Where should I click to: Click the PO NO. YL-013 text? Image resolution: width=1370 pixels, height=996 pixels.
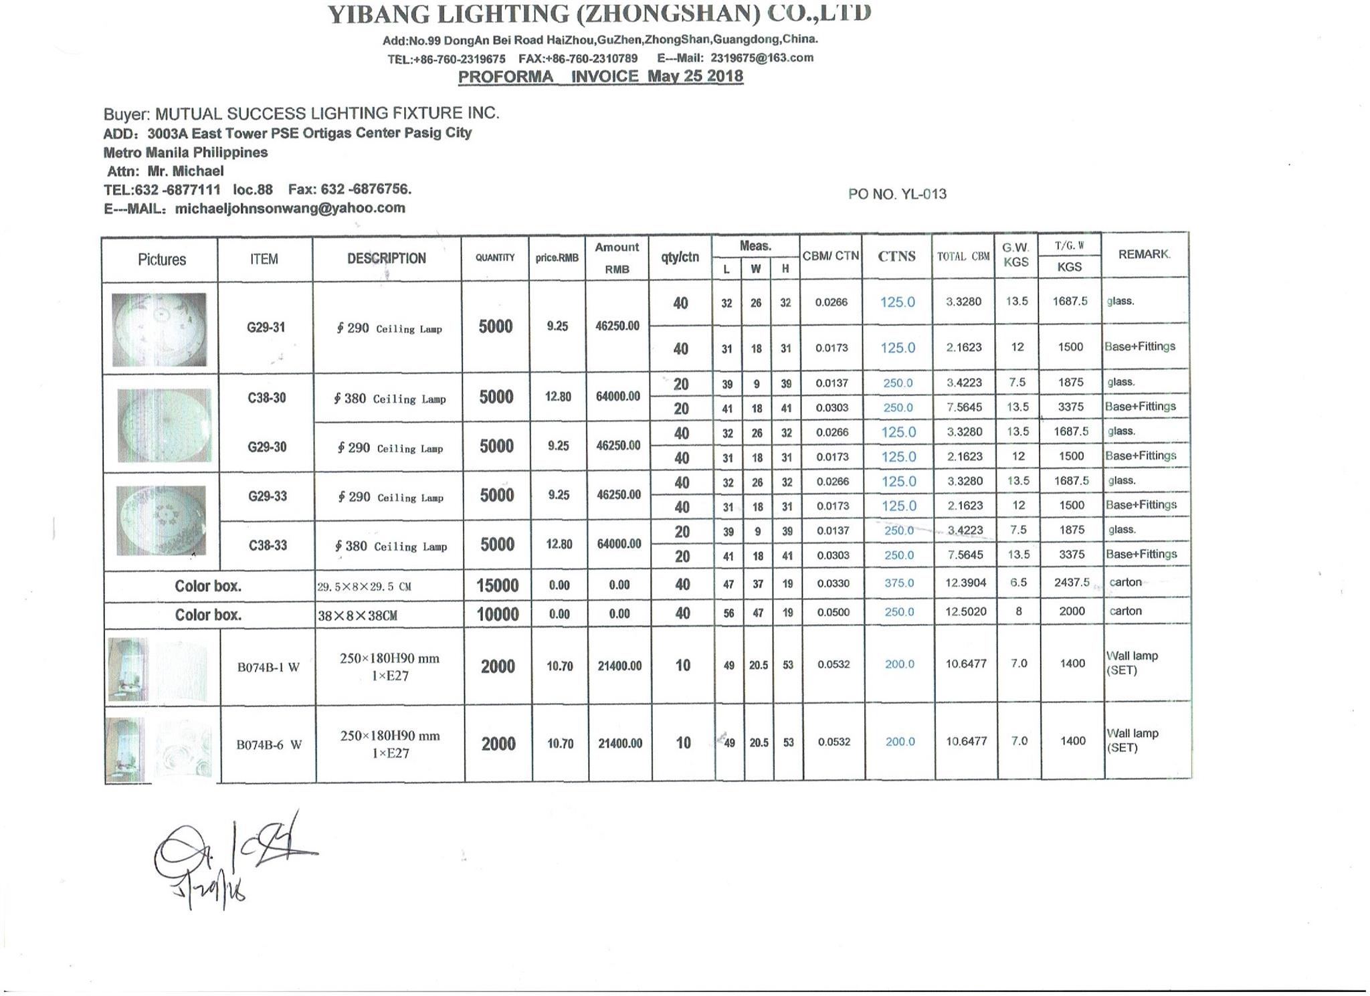(897, 194)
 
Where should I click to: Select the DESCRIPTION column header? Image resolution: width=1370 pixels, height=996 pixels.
(386, 259)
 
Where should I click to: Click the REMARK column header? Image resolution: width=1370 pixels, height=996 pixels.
(1144, 254)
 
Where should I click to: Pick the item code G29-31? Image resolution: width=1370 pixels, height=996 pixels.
(266, 327)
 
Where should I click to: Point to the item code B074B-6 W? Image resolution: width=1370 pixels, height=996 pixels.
(269, 744)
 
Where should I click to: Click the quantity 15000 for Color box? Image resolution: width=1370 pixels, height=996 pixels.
(497, 586)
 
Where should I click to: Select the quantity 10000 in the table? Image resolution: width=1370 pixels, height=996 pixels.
(497, 615)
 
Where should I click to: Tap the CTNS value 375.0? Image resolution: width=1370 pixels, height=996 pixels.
(898, 583)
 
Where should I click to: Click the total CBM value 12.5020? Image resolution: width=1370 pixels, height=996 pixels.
(966, 611)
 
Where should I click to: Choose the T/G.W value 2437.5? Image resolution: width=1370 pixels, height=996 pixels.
(1072, 583)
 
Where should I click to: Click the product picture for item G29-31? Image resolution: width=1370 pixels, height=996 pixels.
(159, 329)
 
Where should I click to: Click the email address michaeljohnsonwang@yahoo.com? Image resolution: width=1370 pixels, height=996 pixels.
(290, 208)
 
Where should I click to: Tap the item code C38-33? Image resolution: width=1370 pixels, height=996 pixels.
(268, 545)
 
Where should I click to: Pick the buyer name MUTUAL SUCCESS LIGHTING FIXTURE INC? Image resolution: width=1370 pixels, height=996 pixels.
(327, 113)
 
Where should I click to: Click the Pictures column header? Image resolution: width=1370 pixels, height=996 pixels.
(162, 260)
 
